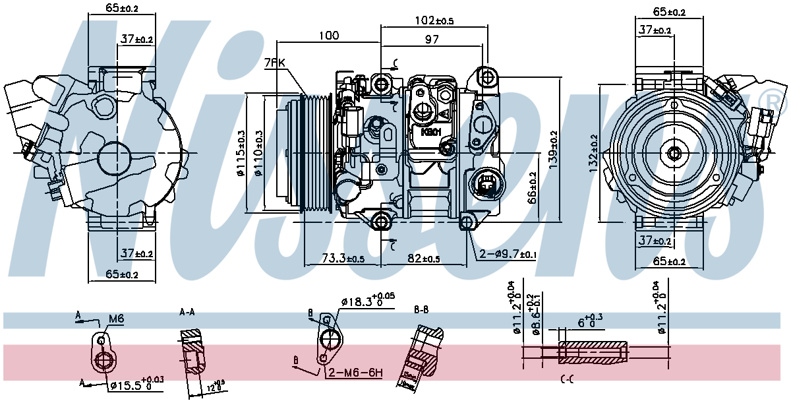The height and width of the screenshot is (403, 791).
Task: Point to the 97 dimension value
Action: pos(432,40)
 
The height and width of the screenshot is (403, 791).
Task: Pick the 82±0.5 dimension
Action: pos(423,258)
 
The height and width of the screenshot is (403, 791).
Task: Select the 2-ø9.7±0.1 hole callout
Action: pos(509,254)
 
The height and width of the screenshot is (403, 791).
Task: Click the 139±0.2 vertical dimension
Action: pos(553,146)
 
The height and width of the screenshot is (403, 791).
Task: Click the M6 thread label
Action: pos(116,319)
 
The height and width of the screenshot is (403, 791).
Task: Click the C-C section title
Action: pos(567,379)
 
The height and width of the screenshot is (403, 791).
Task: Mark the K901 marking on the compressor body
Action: pos(430,131)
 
